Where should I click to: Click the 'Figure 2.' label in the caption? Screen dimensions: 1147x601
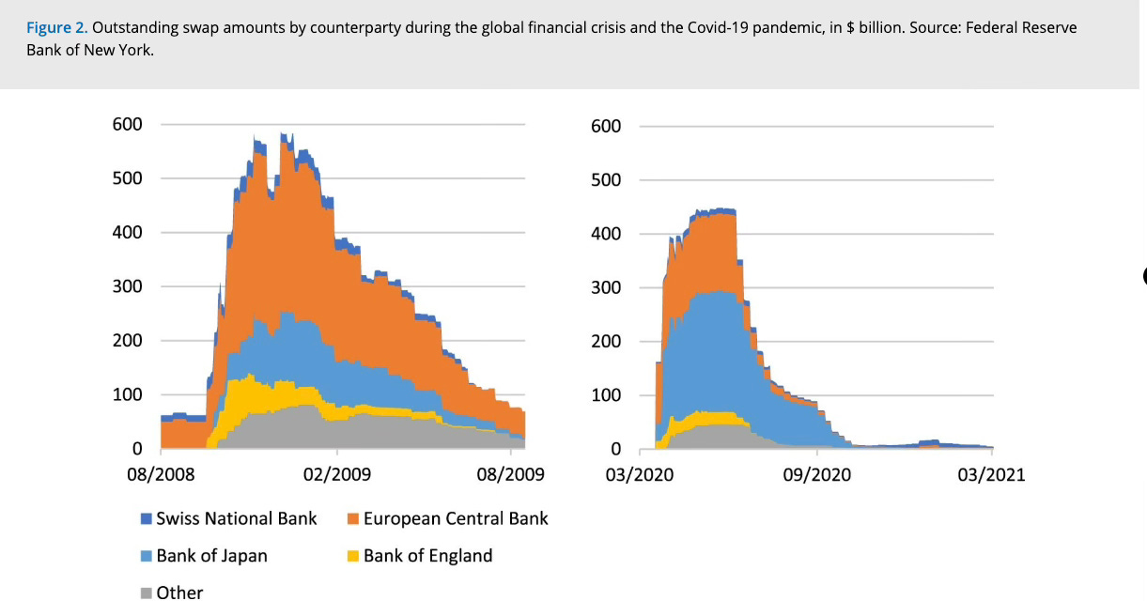click(57, 27)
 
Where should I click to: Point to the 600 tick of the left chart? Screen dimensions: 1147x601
click(128, 124)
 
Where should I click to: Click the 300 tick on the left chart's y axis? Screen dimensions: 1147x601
click(128, 286)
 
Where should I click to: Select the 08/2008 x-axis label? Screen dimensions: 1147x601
click(161, 474)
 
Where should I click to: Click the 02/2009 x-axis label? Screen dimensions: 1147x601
click(337, 474)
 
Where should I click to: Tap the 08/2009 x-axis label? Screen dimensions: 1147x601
click(510, 474)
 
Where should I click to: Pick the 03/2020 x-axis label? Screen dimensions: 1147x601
click(640, 475)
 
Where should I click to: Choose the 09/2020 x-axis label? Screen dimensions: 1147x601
click(816, 475)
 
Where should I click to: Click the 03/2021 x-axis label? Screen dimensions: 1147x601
click(992, 475)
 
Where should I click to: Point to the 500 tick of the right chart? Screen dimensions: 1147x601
click(606, 180)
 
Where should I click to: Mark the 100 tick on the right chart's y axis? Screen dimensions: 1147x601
click(606, 395)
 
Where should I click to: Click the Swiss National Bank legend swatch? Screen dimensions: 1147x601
click(147, 518)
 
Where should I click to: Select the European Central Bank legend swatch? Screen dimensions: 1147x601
click(353, 518)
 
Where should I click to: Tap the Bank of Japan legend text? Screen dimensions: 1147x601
click(212, 556)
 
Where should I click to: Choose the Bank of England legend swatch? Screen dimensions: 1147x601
click(353, 556)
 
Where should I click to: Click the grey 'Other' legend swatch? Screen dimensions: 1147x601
click(147, 593)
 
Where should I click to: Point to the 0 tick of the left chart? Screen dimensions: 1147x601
click(137, 449)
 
